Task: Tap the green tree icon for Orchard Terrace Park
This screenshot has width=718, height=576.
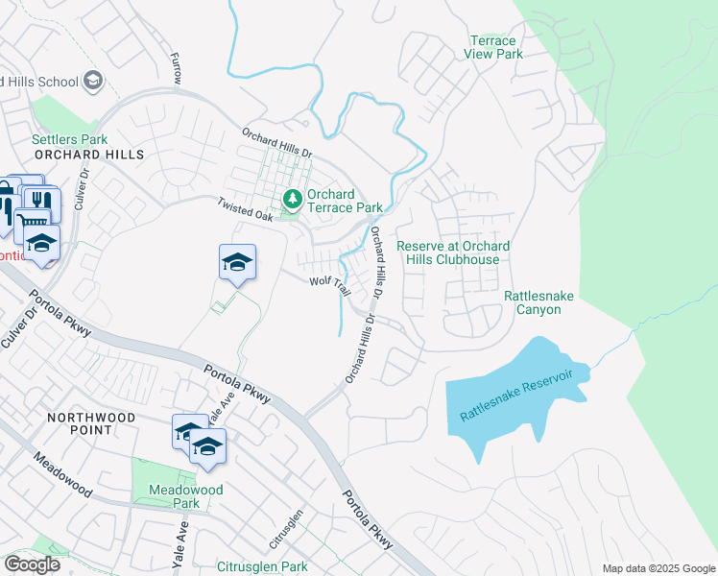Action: click(292, 201)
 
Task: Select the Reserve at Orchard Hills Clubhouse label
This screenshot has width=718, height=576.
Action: click(453, 253)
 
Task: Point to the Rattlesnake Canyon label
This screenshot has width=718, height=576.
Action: click(538, 303)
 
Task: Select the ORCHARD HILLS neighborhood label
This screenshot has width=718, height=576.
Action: click(88, 155)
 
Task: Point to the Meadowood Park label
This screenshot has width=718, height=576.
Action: click(186, 496)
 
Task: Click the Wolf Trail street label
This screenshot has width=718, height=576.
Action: click(325, 281)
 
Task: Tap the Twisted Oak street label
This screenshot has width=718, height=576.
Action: click(246, 210)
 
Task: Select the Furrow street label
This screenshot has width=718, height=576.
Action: click(176, 70)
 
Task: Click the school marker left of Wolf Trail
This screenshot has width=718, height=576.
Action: click(237, 263)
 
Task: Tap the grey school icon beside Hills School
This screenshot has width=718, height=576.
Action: click(93, 81)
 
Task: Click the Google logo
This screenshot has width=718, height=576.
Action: click(31, 564)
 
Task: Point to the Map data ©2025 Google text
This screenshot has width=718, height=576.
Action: click(658, 568)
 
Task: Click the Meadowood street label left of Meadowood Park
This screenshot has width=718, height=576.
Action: click(63, 476)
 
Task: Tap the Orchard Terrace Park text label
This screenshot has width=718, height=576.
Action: click(344, 201)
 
